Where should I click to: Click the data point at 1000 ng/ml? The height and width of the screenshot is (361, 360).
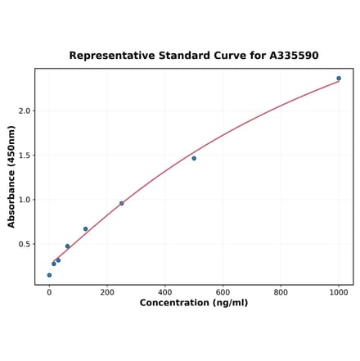[x=339, y=79]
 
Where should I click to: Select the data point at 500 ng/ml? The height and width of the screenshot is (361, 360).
[x=194, y=158]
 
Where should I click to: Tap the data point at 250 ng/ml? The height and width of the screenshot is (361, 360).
[x=122, y=203]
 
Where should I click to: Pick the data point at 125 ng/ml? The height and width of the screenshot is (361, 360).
[x=85, y=229]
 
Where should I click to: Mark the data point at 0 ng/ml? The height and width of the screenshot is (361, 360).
[x=49, y=275]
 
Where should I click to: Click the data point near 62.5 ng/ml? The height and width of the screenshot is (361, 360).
[x=67, y=246]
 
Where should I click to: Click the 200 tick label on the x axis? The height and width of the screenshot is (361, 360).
[x=107, y=291]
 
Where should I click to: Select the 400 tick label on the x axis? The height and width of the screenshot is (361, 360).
[x=165, y=291]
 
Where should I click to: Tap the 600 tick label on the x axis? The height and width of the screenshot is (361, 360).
[x=223, y=291]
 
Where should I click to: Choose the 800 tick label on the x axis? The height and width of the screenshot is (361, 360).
[x=281, y=291]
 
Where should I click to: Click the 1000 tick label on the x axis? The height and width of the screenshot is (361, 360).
[x=339, y=291]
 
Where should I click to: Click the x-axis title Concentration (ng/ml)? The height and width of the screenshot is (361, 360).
[x=194, y=303]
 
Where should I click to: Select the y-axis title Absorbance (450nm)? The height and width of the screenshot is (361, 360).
[x=11, y=177]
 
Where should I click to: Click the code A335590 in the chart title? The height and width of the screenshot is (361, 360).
[x=294, y=56]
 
